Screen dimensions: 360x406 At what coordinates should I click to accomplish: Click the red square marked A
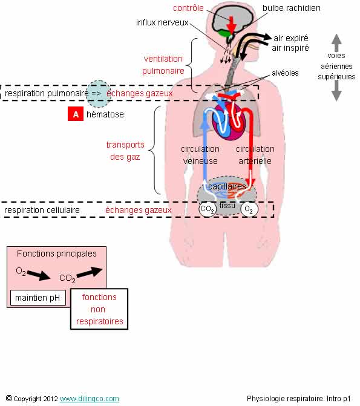tap(76, 114)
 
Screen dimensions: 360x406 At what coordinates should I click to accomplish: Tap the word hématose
tap(105, 114)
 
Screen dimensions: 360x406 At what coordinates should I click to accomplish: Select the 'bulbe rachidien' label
tap(292, 8)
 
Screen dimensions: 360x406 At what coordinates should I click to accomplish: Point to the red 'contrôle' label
tap(188, 8)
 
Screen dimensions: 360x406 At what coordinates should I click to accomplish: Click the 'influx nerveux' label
tap(162, 22)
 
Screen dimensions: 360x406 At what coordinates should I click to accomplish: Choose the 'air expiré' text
tap(291, 38)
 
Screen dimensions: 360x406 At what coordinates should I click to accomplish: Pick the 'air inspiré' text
tap(290, 48)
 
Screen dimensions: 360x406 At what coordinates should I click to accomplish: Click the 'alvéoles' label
tap(285, 73)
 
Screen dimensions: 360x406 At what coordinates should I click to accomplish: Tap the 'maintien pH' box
tap(38, 298)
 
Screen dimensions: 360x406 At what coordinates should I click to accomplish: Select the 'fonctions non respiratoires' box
tap(99, 309)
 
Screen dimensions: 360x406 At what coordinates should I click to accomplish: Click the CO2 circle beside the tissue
tap(207, 209)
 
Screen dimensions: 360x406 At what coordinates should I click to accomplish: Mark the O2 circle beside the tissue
tap(249, 209)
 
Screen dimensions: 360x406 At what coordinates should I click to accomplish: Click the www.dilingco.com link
tap(90, 399)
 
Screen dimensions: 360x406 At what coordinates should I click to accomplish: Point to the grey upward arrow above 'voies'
tap(336, 42)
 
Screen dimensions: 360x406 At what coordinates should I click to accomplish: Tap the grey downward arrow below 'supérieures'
tap(336, 91)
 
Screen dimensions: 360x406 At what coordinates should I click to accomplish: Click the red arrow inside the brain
tap(231, 24)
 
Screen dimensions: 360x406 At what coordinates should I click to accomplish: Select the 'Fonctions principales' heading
tap(57, 254)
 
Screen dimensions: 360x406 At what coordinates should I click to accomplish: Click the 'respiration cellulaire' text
tap(42, 210)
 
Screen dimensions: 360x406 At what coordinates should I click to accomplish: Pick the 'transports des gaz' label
tap(125, 151)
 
